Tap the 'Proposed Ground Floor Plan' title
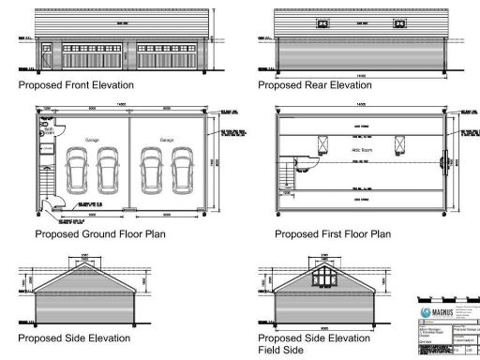point(100,233)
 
